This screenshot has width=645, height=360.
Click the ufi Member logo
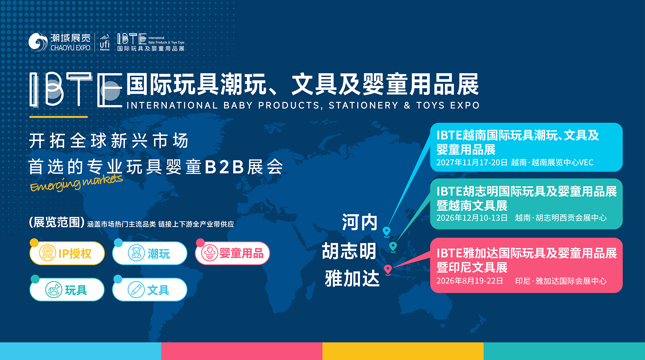104,42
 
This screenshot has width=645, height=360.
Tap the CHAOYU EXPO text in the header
70,48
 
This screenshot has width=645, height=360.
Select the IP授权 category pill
67,253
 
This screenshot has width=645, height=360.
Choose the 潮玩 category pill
150,253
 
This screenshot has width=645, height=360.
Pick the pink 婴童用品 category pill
232,253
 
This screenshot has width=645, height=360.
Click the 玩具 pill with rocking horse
67,289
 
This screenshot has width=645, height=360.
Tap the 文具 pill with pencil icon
150,289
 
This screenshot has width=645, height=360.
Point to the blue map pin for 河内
386,231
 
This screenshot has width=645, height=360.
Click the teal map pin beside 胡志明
393,246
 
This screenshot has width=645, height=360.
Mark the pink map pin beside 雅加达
388,269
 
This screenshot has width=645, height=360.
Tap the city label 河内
360,222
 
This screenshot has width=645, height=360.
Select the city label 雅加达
352,278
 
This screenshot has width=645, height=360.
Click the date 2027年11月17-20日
472,162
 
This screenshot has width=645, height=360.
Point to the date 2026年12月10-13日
472,218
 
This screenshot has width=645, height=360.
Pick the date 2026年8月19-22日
470,281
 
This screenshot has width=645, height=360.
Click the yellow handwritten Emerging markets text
76,183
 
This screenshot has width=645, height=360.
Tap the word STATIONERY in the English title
363,105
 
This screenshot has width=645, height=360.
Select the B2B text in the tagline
224,167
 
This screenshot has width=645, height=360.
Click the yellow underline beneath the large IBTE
59,116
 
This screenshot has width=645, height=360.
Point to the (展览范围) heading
57,222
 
